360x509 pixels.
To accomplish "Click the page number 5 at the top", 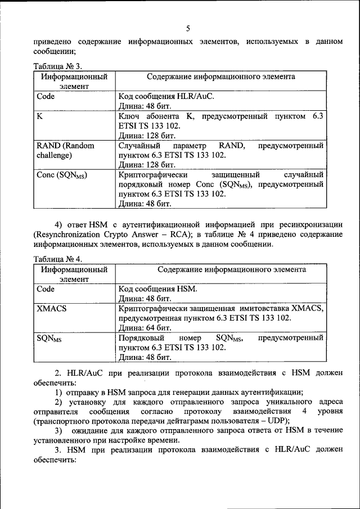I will point(188,28).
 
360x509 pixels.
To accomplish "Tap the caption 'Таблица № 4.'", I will point(58,259).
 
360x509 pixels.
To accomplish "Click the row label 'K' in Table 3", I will point(40,116).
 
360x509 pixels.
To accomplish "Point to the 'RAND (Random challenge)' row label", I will point(65,150).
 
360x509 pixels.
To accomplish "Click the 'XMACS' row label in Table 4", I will point(51,308).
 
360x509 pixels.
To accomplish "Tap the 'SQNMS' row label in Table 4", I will point(49,338).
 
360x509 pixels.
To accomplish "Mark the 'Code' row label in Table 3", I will point(46,96).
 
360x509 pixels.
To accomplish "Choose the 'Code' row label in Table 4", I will point(46,289).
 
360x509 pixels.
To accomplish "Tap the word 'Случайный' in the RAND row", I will point(138,146).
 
